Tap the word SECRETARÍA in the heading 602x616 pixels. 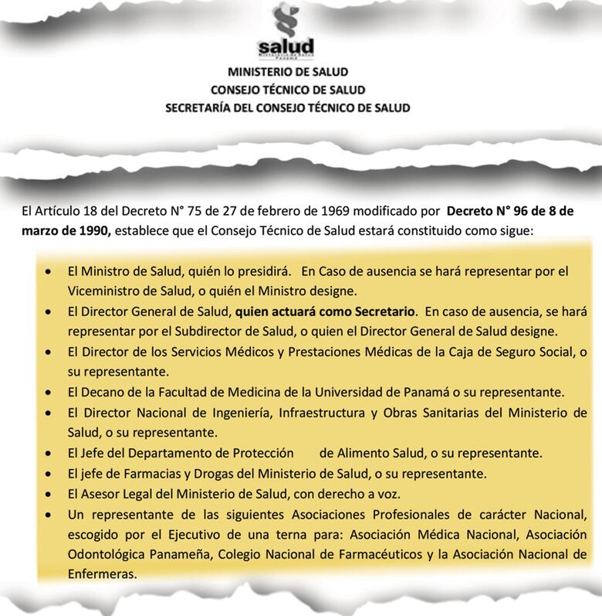[204, 108]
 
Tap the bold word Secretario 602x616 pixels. [383, 313]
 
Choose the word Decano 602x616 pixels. [98, 391]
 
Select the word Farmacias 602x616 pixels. [131, 471]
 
